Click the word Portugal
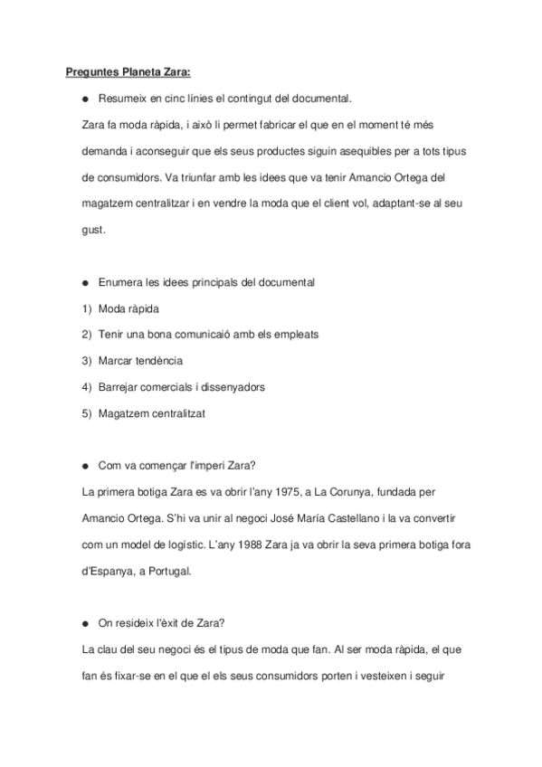pos(168,572)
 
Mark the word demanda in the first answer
pos(104,151)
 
